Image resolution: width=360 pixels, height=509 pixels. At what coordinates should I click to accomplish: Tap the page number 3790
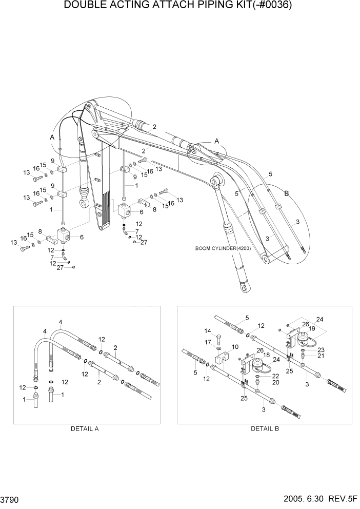tap(10, 499)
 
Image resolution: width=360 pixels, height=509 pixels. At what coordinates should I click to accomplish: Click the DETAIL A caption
tap(85, 429)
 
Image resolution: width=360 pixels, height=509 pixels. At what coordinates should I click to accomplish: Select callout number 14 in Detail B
tap(208, 331)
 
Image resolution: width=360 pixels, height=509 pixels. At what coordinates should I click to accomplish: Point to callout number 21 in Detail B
tap(321, 356)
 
